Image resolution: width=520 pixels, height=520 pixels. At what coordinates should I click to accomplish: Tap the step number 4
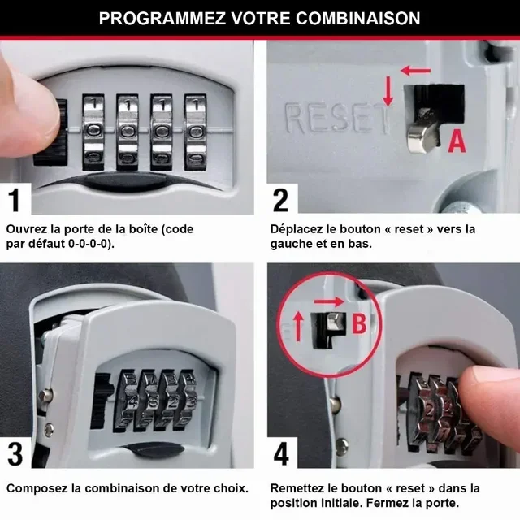(x=281, y=453)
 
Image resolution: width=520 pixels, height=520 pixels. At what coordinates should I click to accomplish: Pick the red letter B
(x=358, y=324)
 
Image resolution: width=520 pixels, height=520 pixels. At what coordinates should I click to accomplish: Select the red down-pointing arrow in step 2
(x=388, y=91)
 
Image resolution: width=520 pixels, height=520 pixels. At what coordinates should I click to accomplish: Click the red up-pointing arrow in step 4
(x=298, y=327)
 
